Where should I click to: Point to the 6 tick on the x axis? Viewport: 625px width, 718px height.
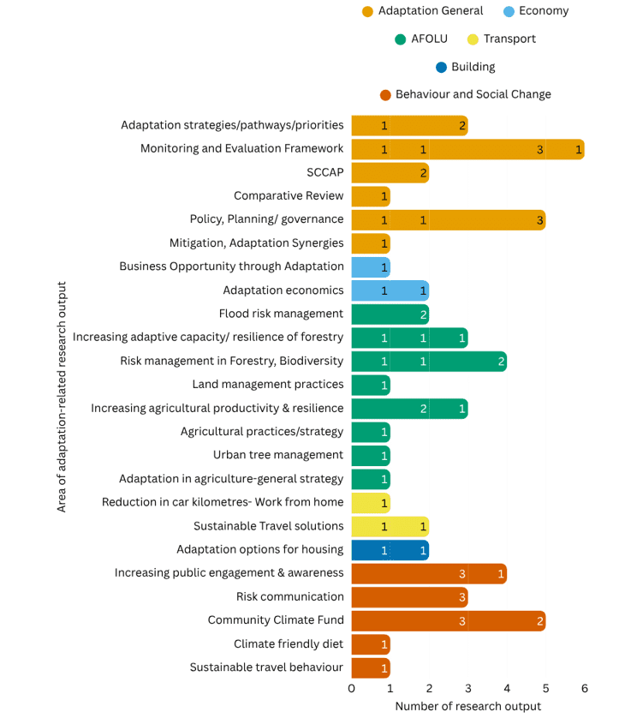coord(585,688)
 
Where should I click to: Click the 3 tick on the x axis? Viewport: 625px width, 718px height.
coord(468,688)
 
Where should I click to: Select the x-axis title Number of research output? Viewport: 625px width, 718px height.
coord(467,706)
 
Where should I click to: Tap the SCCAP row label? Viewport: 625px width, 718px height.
coord(324,172)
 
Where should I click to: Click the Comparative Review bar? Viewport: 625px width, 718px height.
coord(371,196)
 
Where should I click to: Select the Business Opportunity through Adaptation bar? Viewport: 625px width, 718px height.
coord(371,267)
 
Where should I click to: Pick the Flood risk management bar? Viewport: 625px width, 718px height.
coord(390,314)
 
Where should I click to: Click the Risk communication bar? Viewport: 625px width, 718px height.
coord(409,597)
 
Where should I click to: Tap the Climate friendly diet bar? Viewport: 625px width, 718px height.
coord(371,644)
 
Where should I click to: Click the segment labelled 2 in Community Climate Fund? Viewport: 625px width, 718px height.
coord(507,620)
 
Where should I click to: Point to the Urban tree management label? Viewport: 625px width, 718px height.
coord(278,455)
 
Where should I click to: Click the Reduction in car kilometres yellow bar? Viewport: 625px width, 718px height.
coord(371,503)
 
